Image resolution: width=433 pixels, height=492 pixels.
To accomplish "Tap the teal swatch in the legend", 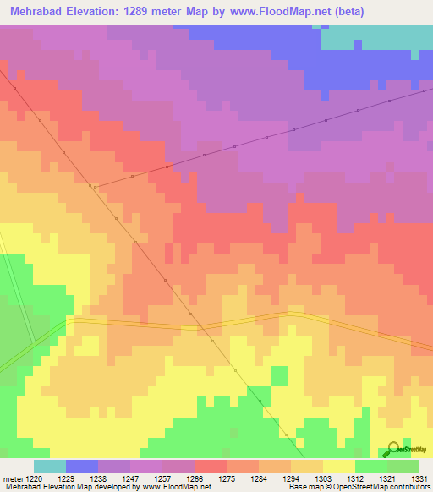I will click(x=49, y=466).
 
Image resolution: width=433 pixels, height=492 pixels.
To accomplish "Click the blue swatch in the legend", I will click(x=81, y=466).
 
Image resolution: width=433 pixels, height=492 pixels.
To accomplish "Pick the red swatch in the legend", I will click(x=210, y=466).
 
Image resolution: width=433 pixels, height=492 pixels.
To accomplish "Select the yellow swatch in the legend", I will click(x=338, y=466).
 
